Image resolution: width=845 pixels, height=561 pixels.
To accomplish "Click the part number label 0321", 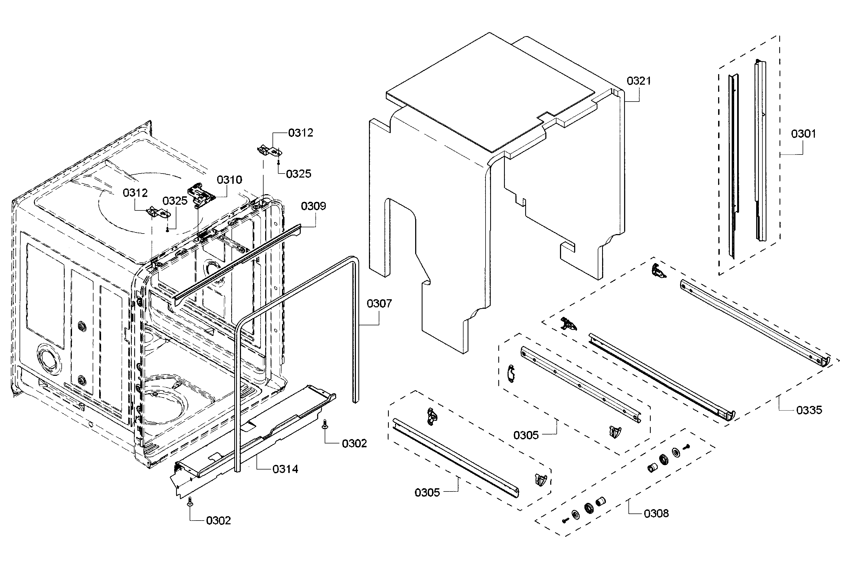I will [639, 81].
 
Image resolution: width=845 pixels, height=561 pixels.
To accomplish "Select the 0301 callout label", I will [803, 134].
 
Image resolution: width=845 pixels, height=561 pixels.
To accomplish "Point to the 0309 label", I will [313, 206].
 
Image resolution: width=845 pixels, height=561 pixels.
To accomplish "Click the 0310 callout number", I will [229, 179].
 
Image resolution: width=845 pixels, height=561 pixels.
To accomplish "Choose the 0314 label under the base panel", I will [285, 469].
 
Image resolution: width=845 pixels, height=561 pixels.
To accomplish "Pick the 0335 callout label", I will [809, 410].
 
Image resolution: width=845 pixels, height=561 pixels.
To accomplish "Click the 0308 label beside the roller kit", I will [656, 514].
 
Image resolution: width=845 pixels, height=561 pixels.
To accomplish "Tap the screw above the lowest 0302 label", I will [189, 503].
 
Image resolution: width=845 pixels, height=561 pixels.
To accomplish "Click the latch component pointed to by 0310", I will [201, 195].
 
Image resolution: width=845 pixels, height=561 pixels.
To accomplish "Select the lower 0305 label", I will [427, 493].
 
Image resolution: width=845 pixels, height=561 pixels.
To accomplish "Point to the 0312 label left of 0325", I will [135, 193].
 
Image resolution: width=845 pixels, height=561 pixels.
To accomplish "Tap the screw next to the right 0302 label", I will [325, 424].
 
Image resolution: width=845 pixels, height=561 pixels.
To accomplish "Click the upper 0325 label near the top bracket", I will [299, 174].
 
